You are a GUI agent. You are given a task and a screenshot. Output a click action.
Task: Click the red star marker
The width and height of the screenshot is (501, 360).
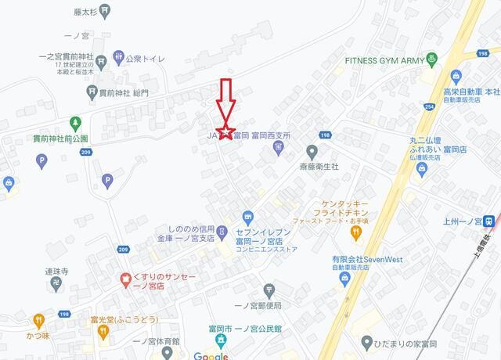[x=225, y=131]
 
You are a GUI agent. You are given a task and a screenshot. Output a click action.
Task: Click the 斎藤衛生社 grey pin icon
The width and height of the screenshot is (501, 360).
[x=312, y=151]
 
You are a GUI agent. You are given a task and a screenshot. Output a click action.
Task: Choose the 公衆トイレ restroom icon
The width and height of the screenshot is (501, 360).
[x=118, y=56]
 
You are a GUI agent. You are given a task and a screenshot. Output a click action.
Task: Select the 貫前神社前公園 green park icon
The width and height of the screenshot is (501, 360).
[x=75, y=124]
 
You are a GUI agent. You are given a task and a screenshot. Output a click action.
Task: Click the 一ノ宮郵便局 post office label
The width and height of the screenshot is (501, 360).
[x=258, y=304]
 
